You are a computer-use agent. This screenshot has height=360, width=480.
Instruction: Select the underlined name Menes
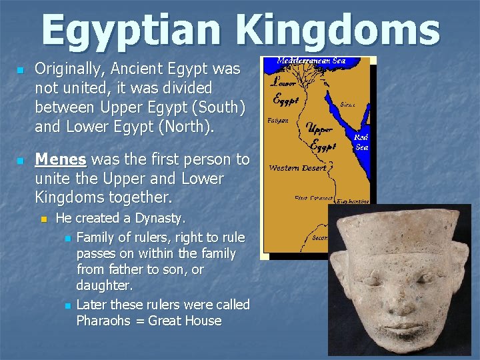61,159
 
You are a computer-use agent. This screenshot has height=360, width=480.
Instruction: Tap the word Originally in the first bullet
66,68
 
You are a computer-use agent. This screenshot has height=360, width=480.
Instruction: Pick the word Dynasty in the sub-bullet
160,218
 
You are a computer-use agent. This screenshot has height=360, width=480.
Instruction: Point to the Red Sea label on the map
362,142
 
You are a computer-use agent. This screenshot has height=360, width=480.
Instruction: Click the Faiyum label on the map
278,121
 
